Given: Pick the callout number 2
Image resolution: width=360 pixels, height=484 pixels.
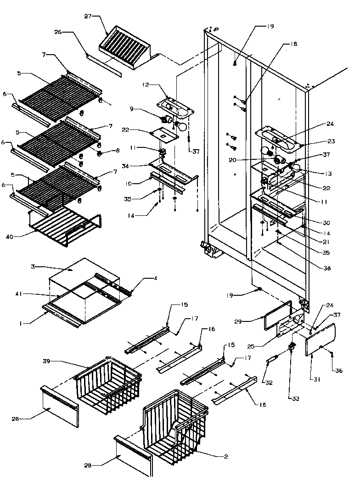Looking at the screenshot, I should [x=226, y=456].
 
